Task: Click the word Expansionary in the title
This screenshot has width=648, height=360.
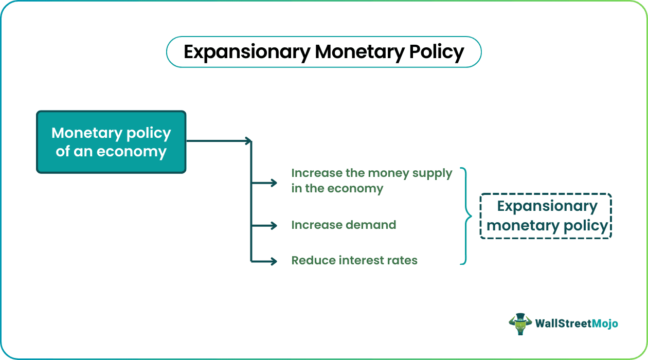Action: coord(247,52)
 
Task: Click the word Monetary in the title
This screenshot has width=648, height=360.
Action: coord(359,52)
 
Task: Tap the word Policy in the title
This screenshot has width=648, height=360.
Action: coord(437,52)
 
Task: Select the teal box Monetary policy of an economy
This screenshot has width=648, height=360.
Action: coord(111,142)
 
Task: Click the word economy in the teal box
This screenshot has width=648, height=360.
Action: coord(131,152)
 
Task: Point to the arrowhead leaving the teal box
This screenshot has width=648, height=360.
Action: coord(248,141)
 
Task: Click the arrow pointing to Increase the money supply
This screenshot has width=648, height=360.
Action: coord(264,183)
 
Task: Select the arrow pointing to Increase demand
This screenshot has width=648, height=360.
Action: coord(264,225)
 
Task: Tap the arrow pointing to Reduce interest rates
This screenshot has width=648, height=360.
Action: coord(264,261)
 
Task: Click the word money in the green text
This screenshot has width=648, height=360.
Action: coord(388,174)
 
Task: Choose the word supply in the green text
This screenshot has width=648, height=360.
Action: coord(432,174)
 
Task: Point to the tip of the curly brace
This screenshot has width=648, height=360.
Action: coord(472,216)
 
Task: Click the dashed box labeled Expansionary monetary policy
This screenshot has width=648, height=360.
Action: coord(546,216)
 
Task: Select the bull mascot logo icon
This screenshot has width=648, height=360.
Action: coord(520,324)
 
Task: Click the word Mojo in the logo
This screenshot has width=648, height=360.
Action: coord(605,324)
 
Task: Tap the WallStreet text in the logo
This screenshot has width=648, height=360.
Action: coord(564,323)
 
